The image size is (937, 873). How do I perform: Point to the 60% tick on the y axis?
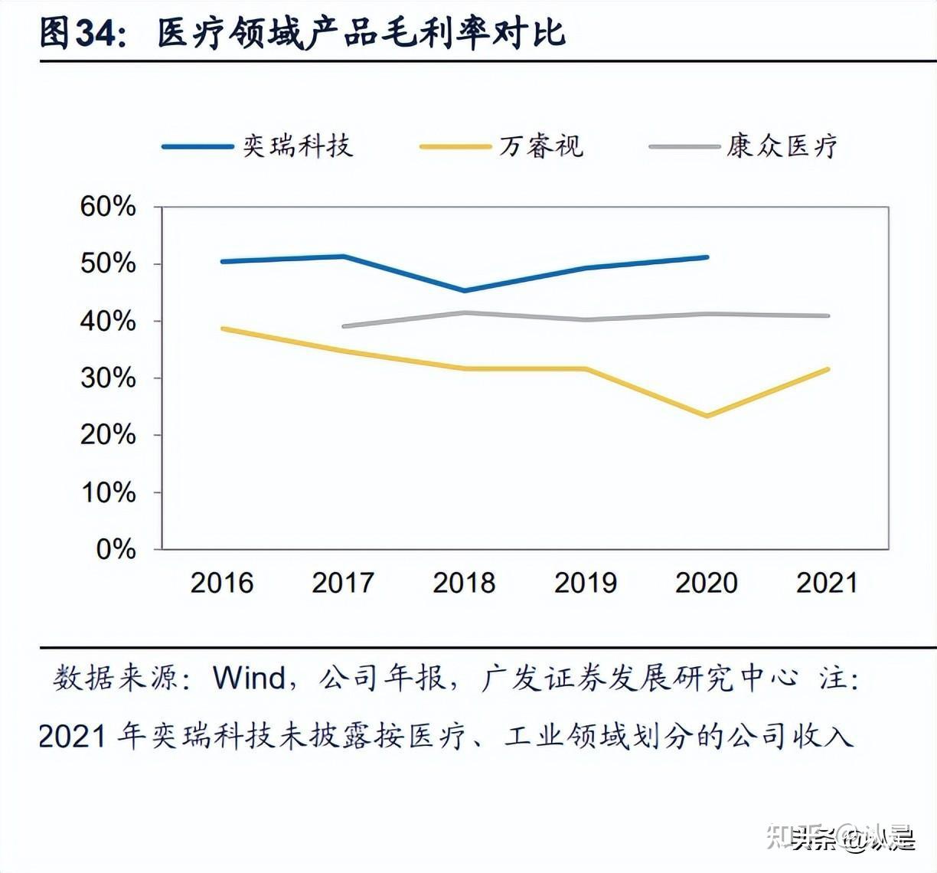pos(108,207)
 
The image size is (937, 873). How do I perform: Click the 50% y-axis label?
pos(108,264)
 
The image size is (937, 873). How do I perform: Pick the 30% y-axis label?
pos(108,378)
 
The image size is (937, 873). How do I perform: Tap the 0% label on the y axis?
pos(116,549)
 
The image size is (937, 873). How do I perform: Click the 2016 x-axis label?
pos(221,583)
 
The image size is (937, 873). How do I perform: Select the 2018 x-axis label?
pos(464,583)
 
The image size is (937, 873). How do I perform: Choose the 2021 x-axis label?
pos(827,583)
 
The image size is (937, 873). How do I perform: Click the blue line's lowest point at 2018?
pos(464,291)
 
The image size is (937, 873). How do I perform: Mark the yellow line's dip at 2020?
pos(707,416)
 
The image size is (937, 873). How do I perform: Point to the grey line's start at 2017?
pos(344,326)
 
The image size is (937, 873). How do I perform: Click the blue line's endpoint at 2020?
pos(707,257)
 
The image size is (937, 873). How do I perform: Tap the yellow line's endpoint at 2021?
pos(828,369)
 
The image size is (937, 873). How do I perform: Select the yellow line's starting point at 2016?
pos(222,329)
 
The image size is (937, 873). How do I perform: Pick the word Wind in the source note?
pos(250,678)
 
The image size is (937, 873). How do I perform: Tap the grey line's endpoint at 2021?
pos(828,316)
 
